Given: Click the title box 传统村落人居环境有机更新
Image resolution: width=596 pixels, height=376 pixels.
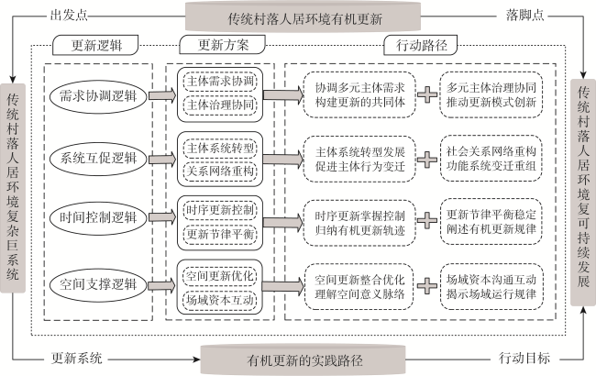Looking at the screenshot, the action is pos(303,17).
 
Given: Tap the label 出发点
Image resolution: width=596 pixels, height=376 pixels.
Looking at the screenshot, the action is pos(69,16).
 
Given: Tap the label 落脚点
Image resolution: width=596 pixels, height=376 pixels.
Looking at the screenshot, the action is pos(524,16).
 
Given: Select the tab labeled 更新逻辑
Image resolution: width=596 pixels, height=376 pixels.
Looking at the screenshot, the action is pos(95,45).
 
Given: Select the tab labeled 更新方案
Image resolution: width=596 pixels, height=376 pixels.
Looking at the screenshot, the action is pos(223,45).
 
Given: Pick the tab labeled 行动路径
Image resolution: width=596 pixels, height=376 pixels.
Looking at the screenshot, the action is pos(420,45).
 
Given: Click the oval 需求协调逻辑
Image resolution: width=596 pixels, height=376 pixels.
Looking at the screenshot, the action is pos(98,95).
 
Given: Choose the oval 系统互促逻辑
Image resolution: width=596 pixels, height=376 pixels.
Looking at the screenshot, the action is pos(98,158).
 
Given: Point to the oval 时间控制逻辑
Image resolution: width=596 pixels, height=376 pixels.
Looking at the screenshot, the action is pos(98,218).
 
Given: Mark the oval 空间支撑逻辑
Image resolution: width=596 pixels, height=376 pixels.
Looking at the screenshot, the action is pos(98,285).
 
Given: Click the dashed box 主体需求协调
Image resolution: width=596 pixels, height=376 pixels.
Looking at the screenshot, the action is pos(220,82).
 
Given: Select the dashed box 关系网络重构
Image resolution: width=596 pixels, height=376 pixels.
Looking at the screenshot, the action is pos(220,171).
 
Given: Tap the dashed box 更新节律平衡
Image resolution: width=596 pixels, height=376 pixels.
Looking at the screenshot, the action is pos(220,234).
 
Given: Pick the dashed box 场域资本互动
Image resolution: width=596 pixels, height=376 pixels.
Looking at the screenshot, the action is pos(220,300).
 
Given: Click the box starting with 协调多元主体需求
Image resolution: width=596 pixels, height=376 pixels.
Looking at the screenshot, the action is pos(359,95).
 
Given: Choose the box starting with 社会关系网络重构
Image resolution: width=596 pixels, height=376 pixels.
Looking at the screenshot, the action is pos(491,159).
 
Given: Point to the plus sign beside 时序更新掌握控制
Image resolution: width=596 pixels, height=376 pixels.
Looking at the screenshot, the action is pos(427,220).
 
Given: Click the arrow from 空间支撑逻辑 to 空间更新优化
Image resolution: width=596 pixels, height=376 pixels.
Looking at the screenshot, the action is pos(162,285).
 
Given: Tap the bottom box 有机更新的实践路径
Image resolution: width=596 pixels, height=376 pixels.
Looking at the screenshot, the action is pos(303,360).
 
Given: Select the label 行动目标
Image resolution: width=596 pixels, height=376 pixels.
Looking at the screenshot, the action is pos(524,359).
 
